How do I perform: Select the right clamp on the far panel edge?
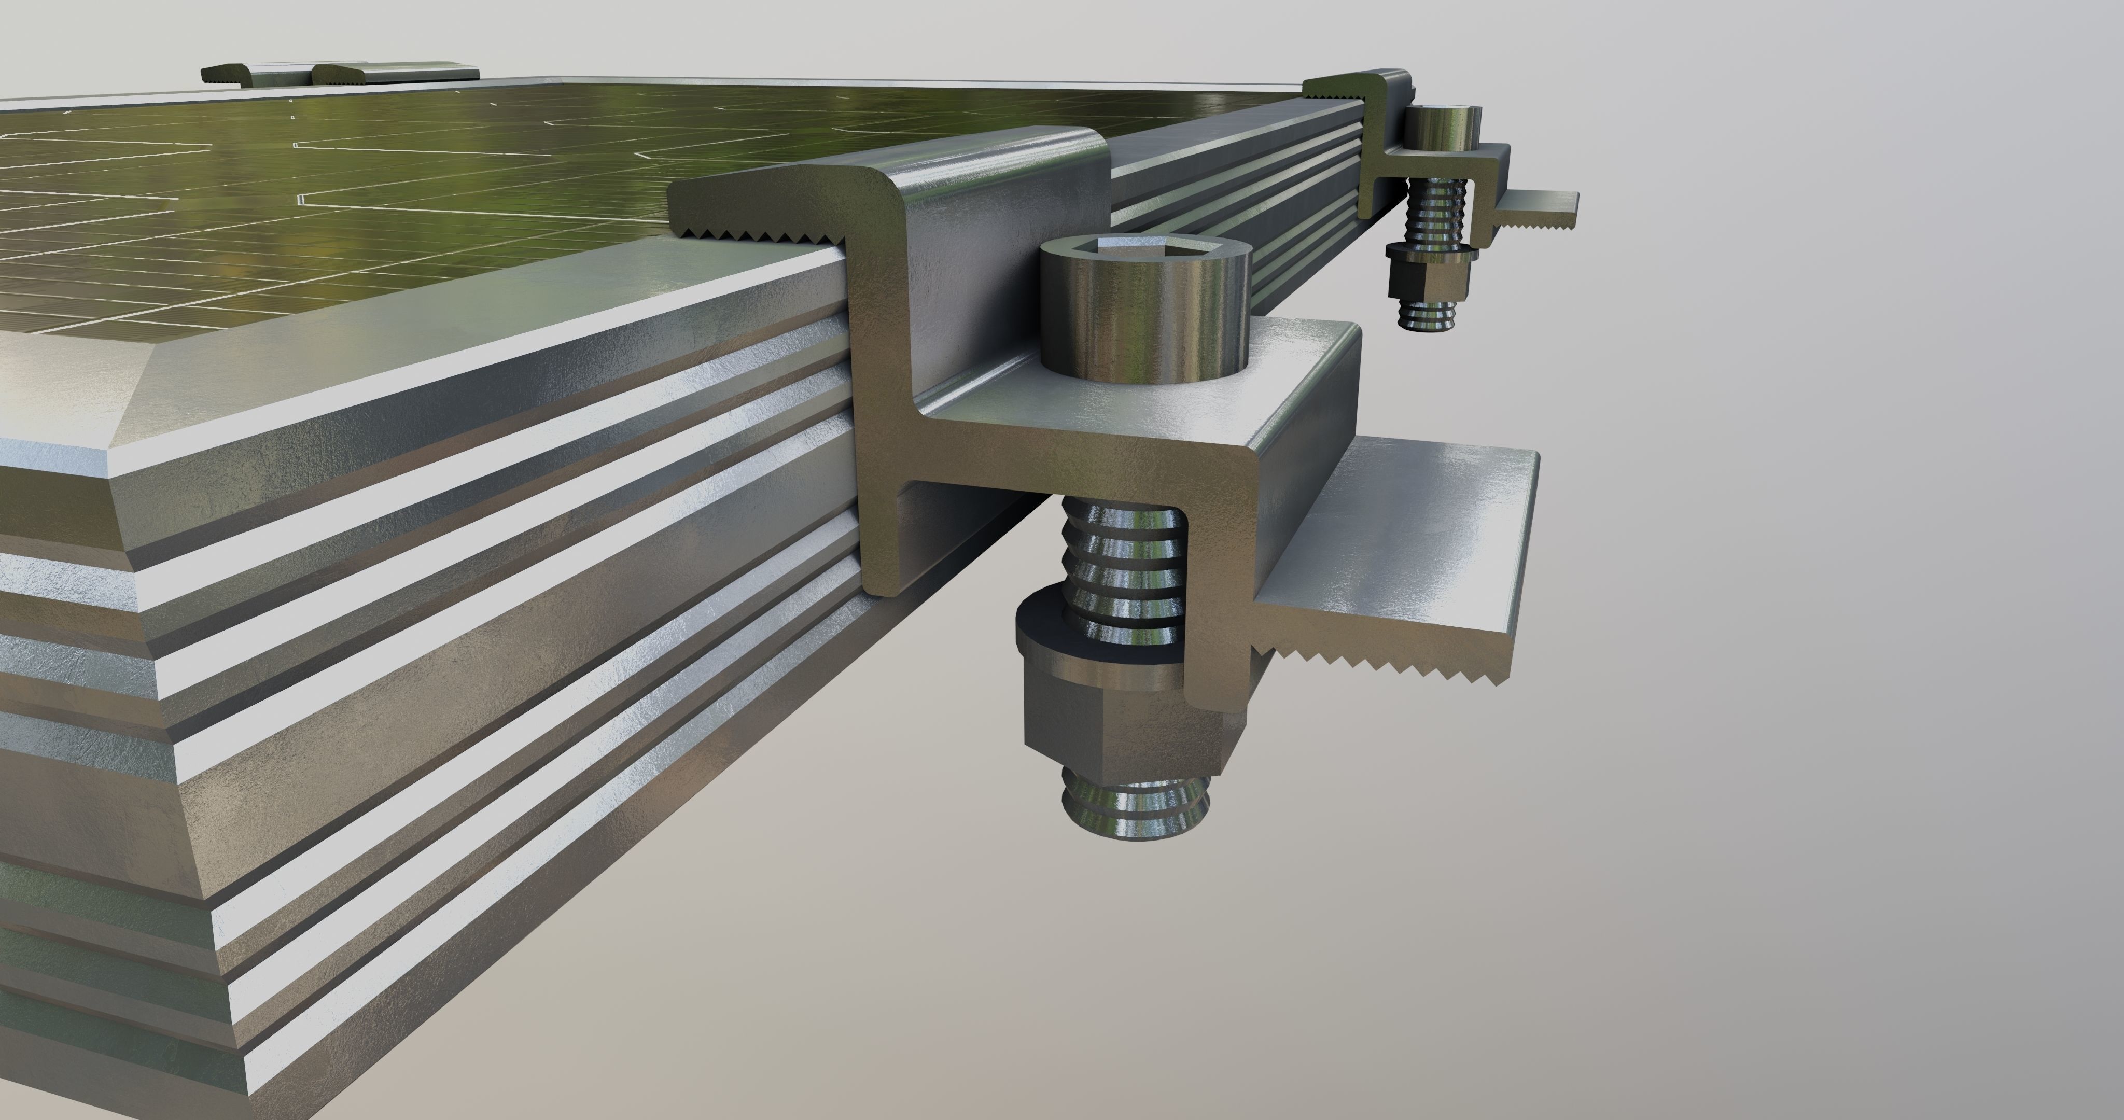tap(396, 73)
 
